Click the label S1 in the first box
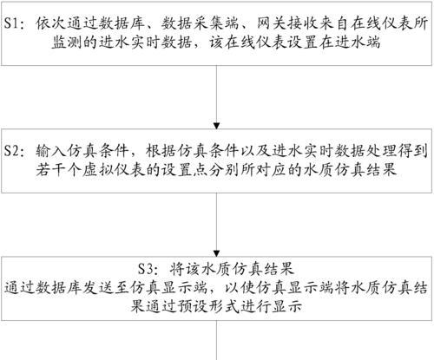coord(11,23)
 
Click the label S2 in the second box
coord(11,151)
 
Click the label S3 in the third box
coord(145,269)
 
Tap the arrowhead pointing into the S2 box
coord(216,126)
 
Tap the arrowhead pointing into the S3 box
coord(216,253)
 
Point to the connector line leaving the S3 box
coord(216,340)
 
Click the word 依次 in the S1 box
coord(51,23)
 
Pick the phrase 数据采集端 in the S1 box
coord(200,23)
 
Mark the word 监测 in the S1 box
coord(67,43)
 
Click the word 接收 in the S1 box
coord(303,23)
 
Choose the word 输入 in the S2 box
coord(51,151)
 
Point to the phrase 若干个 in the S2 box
coord(59,170)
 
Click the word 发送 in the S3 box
coord(98,288)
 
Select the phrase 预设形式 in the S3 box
coord(208,306)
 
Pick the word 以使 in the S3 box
coord(240,288)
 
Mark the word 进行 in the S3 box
coord(255,306)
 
